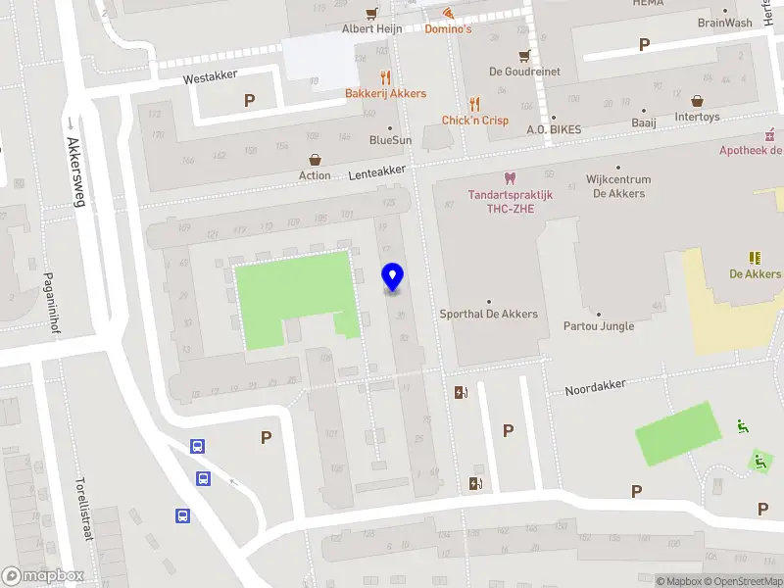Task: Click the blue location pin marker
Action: [x=393, y=277]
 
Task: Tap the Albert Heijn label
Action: [x=371, y=28]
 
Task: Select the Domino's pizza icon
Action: [x=448, y=13]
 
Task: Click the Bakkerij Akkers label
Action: [x=385, y=93]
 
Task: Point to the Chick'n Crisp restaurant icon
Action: [x=475, y=103]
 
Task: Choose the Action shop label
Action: [x=315, y=175]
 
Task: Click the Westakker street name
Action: [x=213, y=78]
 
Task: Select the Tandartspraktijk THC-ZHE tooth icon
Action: [x=509, y=178]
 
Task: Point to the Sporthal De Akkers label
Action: [x=488, y=314]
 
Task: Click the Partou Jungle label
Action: [x=598, y=325]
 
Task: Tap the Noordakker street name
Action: [x=595, y=388]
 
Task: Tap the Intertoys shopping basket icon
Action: [x=697, y=100]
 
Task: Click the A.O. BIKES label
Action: [x=554, y=129]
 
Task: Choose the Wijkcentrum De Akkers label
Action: [x=618, y=186]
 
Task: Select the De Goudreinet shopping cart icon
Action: [x=524, y=55]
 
